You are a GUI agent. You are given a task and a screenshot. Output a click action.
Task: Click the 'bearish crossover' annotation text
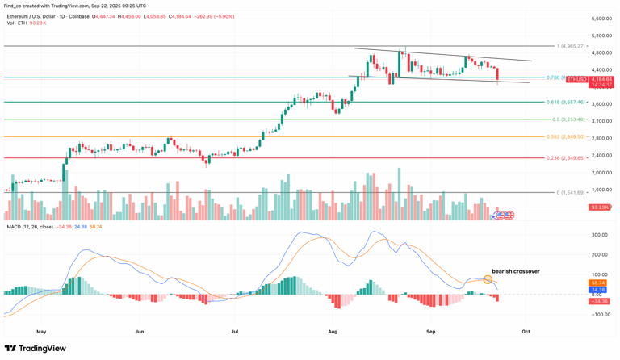coord(516,271)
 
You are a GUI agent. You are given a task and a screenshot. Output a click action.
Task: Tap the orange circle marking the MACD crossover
coord(488,279)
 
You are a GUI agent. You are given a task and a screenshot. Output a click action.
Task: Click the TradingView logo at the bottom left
coord(36,349)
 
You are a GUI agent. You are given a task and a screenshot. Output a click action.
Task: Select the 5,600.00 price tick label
coord(601,19)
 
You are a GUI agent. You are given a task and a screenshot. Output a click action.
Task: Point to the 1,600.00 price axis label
coord(601,190)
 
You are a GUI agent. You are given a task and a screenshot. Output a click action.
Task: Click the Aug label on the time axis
coord(333,331)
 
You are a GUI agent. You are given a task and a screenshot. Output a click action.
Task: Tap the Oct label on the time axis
coord(526,331)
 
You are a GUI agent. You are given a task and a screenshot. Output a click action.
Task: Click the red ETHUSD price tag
coord(576,79)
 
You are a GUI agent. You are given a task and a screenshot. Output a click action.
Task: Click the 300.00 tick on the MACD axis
coord(599,235)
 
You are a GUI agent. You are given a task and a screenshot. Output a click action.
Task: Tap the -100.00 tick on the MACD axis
coord(600,315)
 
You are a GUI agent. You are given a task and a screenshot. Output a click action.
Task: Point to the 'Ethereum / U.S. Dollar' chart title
coord(36,16)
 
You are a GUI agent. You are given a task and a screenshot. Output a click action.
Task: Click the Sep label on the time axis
coord(430,331)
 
